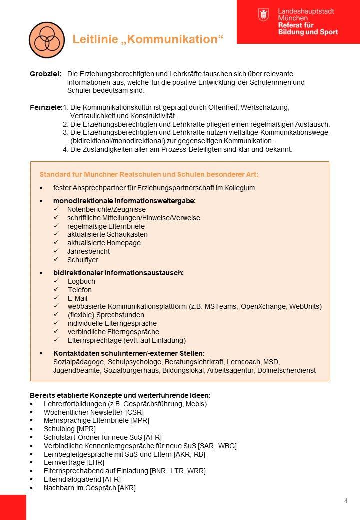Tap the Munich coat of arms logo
263,14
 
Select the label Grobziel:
45,74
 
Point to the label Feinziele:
46,107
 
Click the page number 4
346,501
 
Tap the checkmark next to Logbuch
56,281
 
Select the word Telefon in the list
80,290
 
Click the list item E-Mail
77,298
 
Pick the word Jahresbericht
88,251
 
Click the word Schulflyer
83,260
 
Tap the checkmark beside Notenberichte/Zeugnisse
56,209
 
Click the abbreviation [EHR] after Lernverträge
95,463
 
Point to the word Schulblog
59,429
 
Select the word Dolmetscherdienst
292,370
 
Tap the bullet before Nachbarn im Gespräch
32,488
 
